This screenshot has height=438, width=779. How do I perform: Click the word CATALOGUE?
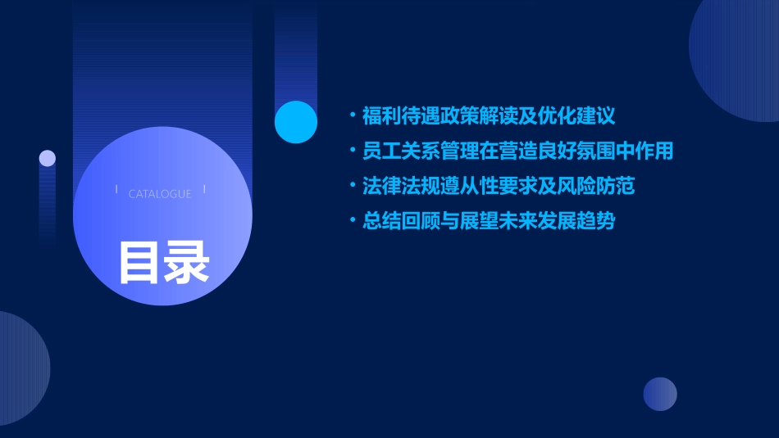tap(160, 194)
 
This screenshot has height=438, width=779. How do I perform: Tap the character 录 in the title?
tap(187, 262)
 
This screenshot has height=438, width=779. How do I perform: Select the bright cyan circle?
tap(295, 122)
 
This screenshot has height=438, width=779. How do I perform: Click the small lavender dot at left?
tap(48, 158)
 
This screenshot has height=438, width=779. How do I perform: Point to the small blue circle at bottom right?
tap(660, 394)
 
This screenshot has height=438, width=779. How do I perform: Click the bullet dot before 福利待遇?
tap(353, 115)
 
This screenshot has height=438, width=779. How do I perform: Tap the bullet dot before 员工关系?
tap(353, 151)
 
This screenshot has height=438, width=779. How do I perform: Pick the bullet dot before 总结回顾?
tap(353, 221)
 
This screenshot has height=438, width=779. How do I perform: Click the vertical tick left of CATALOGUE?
tap(117, 190)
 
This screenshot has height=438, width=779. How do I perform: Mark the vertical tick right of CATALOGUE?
tap(204, 190)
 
